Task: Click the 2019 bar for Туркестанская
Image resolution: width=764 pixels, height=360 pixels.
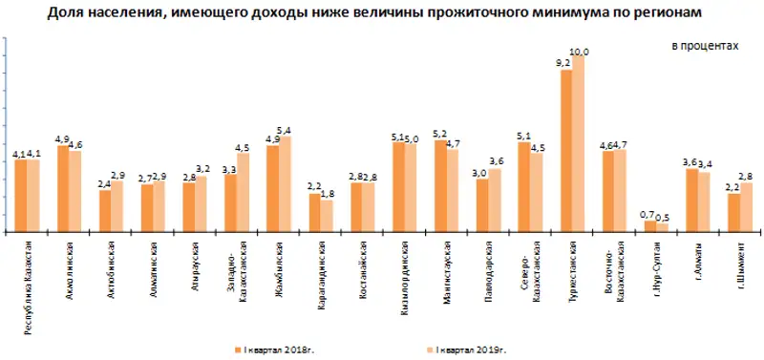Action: (x=578, y=143)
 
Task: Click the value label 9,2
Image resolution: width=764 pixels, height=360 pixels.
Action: (x=562, y=63)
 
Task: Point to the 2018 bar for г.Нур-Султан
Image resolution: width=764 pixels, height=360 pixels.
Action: (x=649, y=225)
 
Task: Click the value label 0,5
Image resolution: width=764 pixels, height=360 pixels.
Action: (x=663, y=217)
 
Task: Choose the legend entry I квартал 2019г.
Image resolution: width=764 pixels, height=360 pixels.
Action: (x=474, y=351)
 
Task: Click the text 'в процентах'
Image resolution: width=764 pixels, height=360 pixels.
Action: (x=704, y=45)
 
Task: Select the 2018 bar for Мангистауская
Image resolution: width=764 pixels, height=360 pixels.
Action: (x=440, y=185)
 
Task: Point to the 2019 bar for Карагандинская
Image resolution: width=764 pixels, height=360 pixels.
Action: (x=327, y=215)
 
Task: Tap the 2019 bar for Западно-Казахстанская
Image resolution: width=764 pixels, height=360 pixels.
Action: (x=243, y=192)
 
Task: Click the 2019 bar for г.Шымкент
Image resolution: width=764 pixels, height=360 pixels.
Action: (x=746, y=206)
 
